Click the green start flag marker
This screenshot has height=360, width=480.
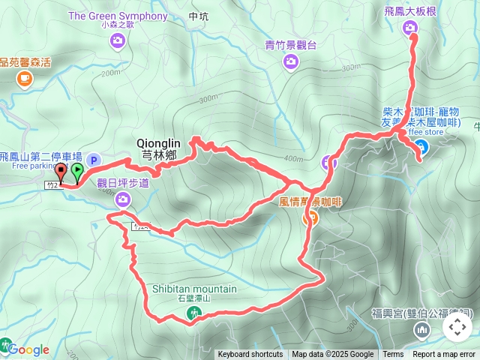(77, 172)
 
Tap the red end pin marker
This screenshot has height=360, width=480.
(61, 172)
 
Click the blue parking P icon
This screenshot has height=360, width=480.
(94, 159)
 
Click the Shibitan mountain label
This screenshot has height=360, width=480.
(194, 289)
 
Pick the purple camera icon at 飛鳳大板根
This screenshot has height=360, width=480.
(410, 28)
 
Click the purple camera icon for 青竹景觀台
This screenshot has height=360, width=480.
(291, 61)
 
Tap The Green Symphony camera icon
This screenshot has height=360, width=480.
(117, 40)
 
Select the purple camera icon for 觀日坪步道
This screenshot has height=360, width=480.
(123, 199)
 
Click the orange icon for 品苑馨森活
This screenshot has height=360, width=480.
(25, 78)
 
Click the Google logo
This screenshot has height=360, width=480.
(27, 349)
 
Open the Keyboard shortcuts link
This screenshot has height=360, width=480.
(250, 355)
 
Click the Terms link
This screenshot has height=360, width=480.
(393, 355)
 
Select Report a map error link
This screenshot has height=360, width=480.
(444, 355)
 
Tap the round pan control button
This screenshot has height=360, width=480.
(457, 327)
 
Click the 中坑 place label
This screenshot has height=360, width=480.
(198, 16)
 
